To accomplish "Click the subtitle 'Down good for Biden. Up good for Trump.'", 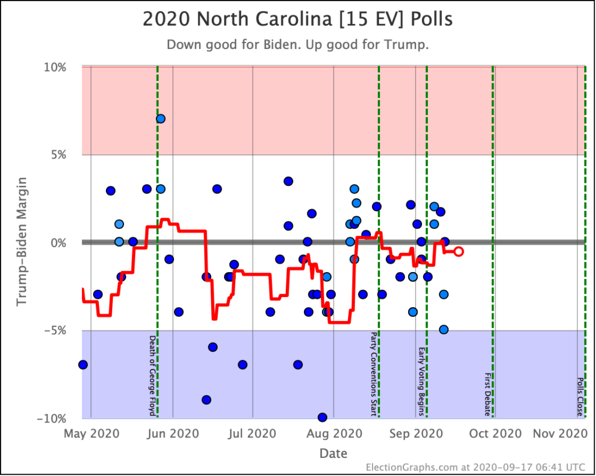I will coord(297,45).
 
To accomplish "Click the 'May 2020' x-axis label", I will coord(91,433).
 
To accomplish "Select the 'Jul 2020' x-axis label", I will coord(253,433).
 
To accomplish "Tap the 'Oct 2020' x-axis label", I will coord(495,433).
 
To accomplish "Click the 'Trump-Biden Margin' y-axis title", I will coord(22,242).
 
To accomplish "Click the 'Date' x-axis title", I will coord(334,453).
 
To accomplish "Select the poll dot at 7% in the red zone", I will coord(161,119).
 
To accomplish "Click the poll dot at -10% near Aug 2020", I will coord(322,417).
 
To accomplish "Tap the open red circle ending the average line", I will coord(459,251).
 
